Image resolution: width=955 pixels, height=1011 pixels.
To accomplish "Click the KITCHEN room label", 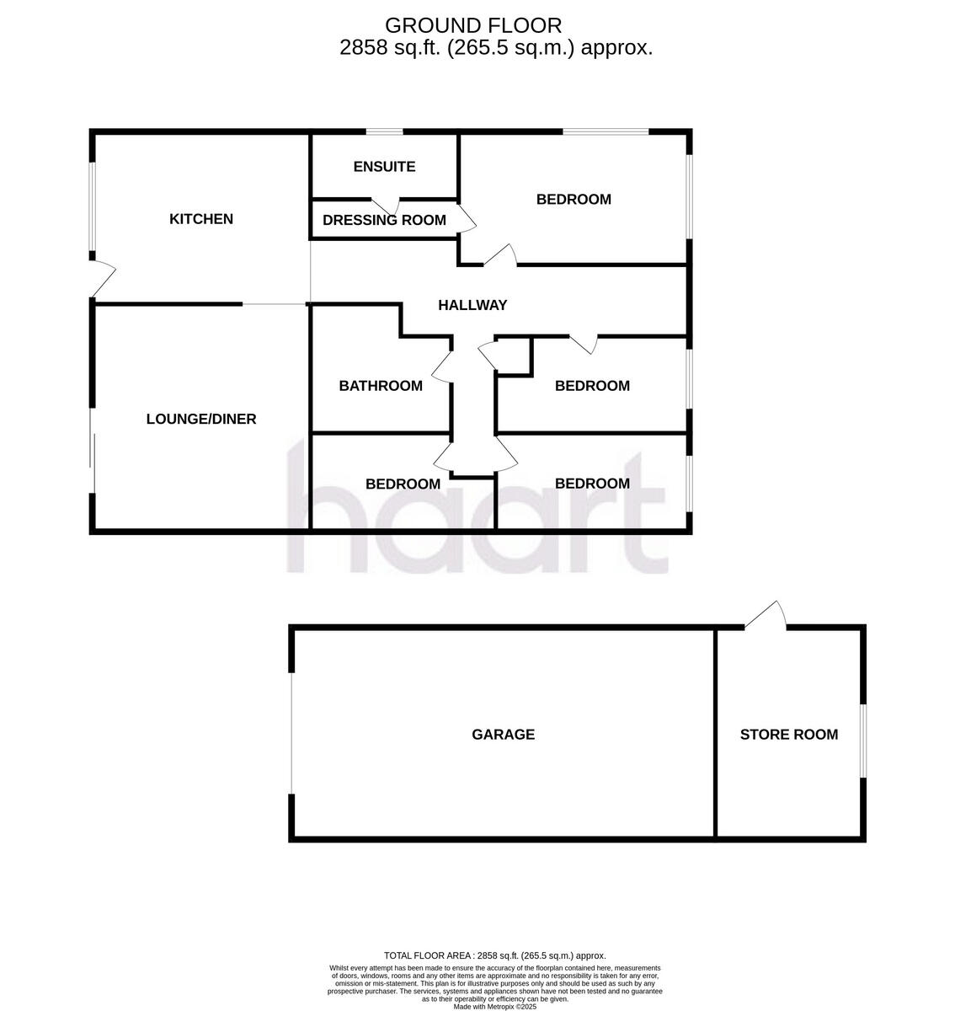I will (201, 219).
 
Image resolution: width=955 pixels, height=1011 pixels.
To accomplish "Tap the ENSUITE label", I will (384, 167).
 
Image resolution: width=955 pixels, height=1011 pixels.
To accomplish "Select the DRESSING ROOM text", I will (384, 221).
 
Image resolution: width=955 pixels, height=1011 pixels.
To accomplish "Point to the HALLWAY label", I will (472, 305).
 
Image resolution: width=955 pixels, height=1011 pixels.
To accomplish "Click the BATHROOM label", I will (381, 386).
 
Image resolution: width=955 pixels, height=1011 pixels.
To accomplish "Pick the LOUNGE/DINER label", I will (201, 419).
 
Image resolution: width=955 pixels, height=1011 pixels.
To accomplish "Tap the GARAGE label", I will (503, 735).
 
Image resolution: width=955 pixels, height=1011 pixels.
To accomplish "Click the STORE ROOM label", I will (789, 735).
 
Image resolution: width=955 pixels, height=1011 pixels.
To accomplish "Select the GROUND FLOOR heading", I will (473, 25).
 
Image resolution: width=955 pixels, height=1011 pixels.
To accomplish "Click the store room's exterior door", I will (766, 615).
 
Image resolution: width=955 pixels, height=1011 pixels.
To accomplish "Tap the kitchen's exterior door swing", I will (103, 279).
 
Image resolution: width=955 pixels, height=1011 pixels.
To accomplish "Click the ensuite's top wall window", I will (384, 131).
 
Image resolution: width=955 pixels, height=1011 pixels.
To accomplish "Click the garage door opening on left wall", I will (292, 733).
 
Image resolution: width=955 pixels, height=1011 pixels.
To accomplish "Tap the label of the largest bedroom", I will (574, 200).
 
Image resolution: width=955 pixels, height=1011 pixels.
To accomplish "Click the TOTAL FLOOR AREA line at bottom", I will (494, 955).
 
